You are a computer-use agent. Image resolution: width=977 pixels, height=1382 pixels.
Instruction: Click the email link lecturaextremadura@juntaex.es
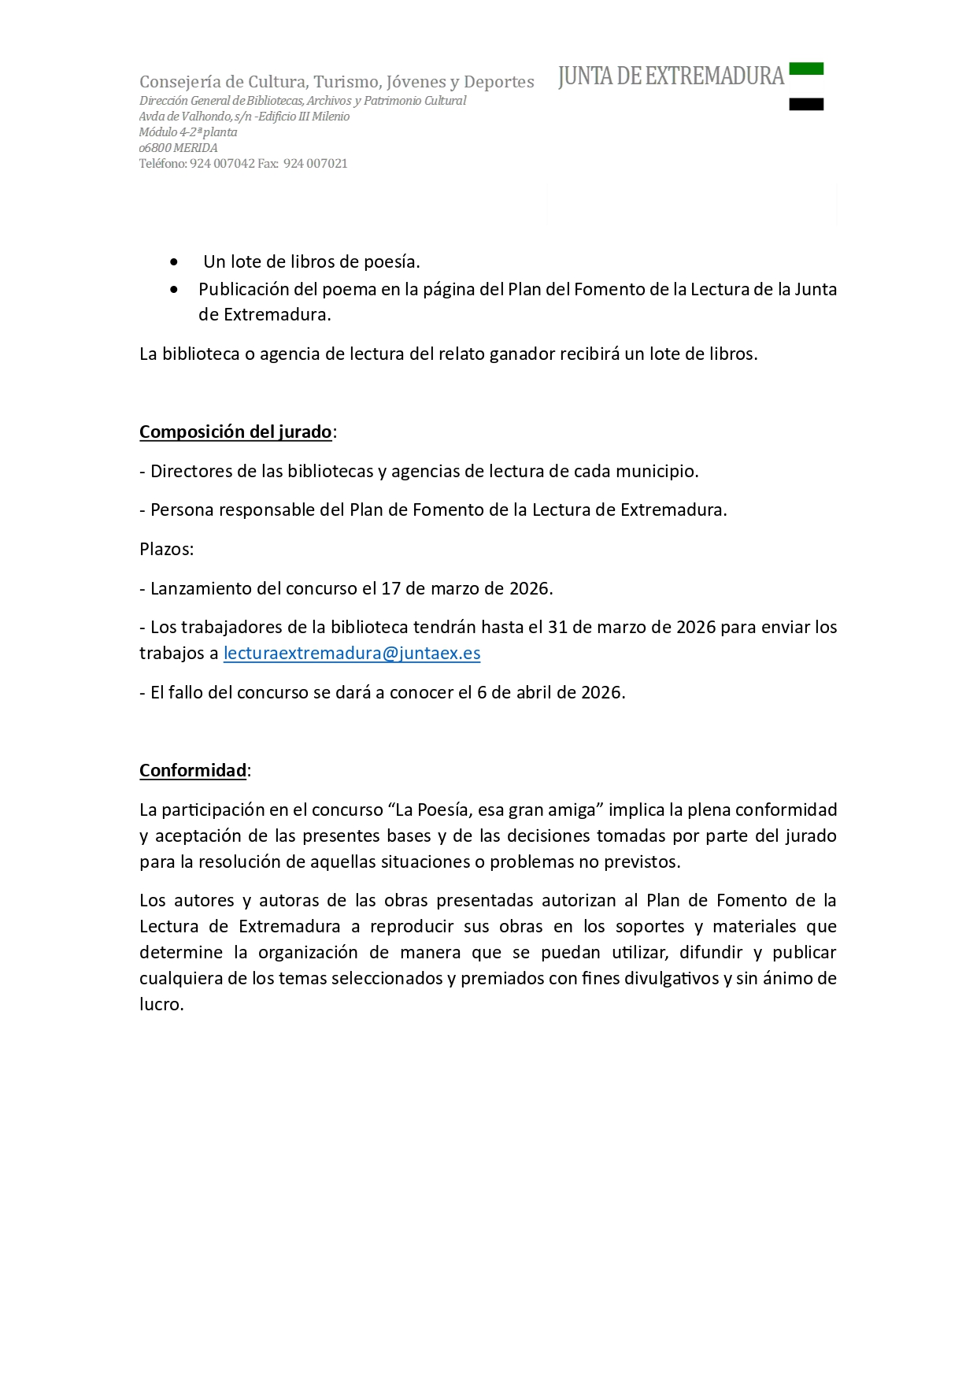tap(352, 654)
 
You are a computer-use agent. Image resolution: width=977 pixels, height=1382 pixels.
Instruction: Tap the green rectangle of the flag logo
tap(806, 69)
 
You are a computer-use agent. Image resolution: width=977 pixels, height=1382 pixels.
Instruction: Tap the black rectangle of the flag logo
tap(806, 104)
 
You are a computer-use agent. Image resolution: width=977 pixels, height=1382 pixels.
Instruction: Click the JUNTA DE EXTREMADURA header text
tap(671, 76)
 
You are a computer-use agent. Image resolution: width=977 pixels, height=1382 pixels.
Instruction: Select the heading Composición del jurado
tap(235, 432)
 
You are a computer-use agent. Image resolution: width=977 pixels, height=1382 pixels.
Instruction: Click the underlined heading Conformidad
tap(193, 771)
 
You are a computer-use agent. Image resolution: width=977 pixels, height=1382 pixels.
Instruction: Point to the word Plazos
tap(165, 550)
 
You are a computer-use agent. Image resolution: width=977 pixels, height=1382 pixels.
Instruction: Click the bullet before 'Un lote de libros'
tap(174, 261)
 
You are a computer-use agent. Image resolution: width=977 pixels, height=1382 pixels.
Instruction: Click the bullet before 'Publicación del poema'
tap(174, 290)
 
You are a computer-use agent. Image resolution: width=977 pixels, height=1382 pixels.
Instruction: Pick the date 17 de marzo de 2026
tap(466, 589)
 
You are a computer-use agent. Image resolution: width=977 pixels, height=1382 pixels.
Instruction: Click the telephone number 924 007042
tap(222, 164)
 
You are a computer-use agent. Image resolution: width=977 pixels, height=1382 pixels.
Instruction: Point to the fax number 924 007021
tap(315, 164)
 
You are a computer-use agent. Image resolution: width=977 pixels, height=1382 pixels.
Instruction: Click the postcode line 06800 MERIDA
tap(178, 148)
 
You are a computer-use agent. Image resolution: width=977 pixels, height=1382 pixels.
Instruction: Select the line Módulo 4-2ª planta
tap(188, 132)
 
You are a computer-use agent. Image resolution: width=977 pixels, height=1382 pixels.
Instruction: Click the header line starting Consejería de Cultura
tap(336, 82)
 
